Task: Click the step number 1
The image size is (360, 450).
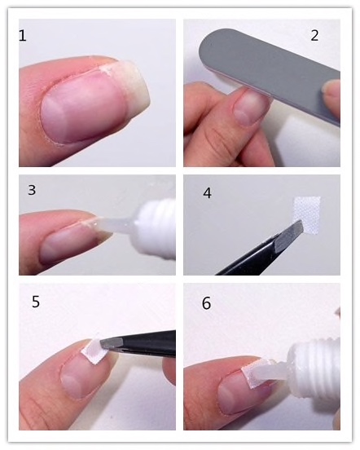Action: (x=22, y=36)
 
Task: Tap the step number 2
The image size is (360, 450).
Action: (x=314, y=36)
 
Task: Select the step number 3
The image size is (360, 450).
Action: (x=32, y=190)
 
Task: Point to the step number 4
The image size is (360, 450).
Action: (x=207, y=193)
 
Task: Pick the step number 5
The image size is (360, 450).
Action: (x=36, y=302)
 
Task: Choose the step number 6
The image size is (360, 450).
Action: (x=206, y=303)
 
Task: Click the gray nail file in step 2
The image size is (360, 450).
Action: (x=270, y=72)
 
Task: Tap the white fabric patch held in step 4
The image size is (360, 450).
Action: (x=307, y=214)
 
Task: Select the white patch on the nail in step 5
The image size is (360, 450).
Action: (x=92, y=351)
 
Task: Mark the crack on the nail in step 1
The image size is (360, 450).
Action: (x=106, y=69)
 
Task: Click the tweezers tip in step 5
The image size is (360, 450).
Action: (x=103, y=344)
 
